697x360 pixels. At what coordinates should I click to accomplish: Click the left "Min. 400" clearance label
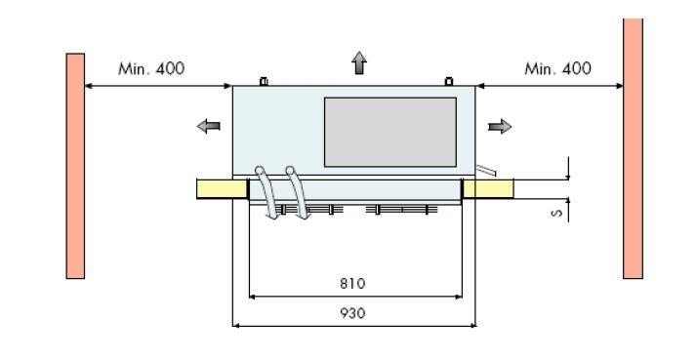[151, 68]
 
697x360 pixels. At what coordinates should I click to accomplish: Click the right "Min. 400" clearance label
[557, 68]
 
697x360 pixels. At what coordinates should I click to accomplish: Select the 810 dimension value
[352, 284]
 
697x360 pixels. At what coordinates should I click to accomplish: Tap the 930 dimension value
[352, 313]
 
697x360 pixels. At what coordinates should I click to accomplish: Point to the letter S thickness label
[556, 214]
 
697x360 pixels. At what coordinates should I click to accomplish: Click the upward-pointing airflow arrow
[359, 62]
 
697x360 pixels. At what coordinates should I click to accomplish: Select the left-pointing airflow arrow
[209, 127]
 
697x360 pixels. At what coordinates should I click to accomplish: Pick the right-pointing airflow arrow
[500, 127]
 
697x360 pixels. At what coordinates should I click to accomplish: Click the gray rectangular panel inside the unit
[390, 133]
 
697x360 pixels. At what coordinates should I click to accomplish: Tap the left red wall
[75, 166]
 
